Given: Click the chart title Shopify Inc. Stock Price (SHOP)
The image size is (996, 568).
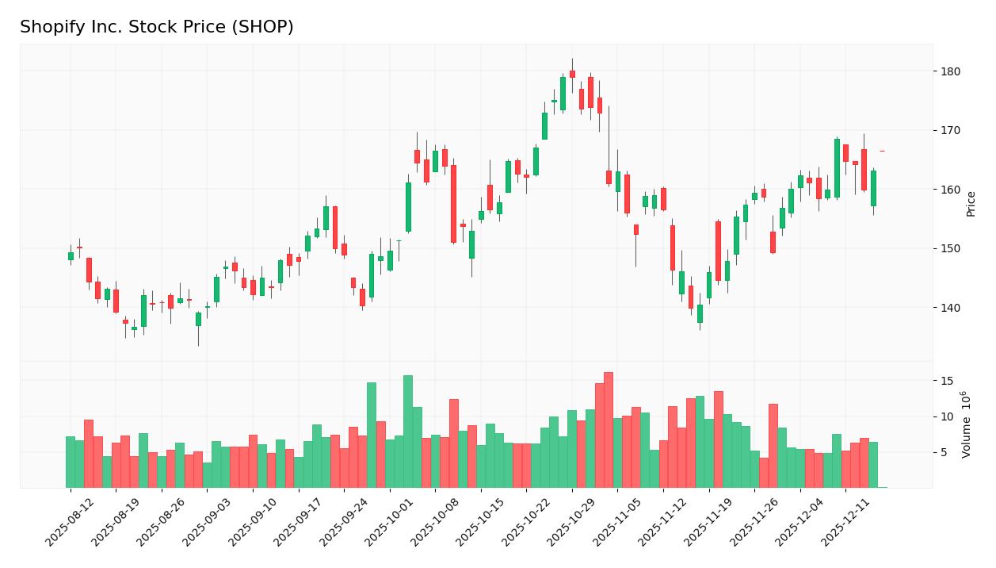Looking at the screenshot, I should (157, 28).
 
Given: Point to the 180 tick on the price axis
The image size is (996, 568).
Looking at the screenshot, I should (950, 71).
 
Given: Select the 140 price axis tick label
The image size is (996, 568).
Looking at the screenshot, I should (950, 308).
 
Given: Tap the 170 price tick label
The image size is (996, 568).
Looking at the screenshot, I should (950, 130).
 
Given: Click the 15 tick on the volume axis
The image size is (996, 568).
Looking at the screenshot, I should (946, 381).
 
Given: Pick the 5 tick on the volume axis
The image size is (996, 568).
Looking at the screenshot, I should (943, 452).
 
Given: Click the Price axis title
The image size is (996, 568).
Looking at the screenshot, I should (971, 204).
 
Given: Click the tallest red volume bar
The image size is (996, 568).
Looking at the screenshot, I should (609, 430).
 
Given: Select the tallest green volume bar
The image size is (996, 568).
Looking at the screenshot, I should (408, 432).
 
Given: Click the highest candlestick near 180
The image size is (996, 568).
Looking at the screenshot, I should (572, 74).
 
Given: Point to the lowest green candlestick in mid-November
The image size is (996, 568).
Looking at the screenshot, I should (700, 314).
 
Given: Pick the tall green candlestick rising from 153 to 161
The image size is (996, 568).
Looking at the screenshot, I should (408, 207).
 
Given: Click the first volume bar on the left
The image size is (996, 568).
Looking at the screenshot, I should (71, 462).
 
